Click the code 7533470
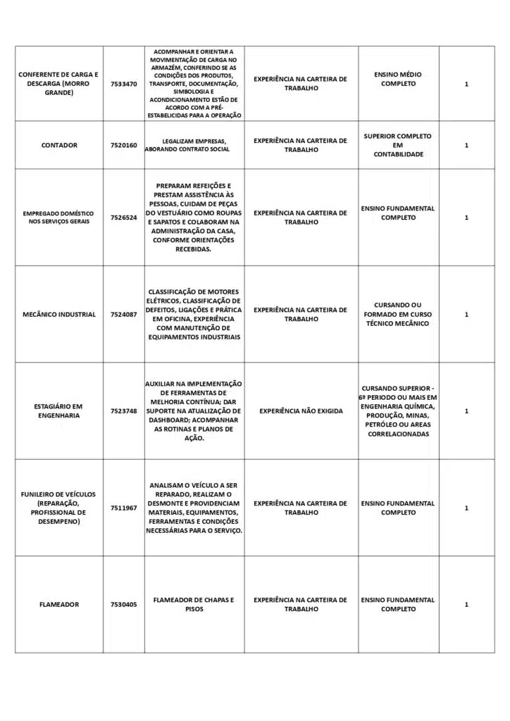[124, 84]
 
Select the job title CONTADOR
[59, 145]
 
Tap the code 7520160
[124, 145]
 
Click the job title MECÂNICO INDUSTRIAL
[59, 315]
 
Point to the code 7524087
[124, 315]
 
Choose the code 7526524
[124, 218]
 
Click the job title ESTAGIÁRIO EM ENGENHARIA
[59, 411]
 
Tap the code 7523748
[124, 411]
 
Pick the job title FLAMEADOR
[59, 605]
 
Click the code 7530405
[124, 605]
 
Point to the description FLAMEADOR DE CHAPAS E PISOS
[194, 605]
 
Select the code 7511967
[124, 508]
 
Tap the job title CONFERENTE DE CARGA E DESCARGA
[59, 84]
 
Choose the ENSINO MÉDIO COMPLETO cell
[398, 79]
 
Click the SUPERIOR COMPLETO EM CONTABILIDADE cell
[398, 145]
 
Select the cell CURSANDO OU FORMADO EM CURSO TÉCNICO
[398, 315]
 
